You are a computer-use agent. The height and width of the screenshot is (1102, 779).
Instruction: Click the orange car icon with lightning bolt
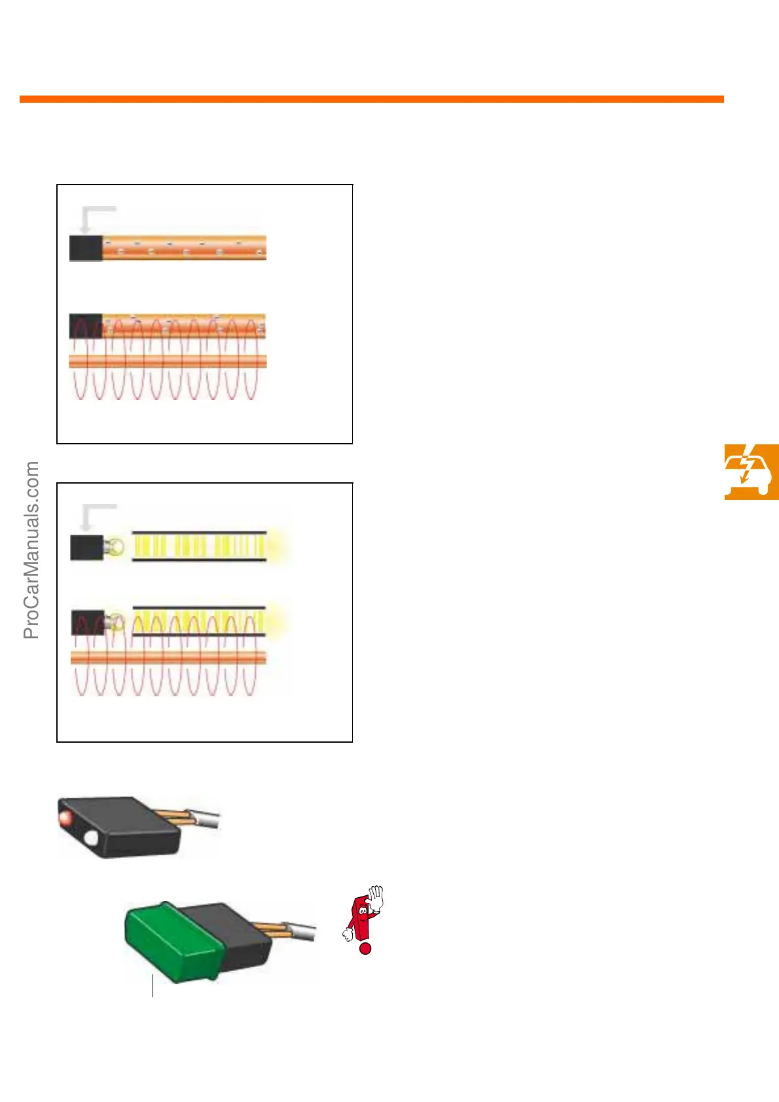(x=751, y=471)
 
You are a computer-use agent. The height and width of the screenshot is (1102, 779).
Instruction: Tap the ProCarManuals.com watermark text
(x=31, y=550)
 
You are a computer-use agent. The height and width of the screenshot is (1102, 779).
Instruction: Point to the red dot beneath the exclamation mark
(x=365, y=948)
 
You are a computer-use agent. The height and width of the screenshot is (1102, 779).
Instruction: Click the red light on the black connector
(x=65, y=818)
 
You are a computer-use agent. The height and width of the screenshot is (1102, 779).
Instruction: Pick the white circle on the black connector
(x=90, y=838)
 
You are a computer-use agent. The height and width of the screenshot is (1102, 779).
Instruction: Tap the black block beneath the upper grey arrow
(x=86, y=248)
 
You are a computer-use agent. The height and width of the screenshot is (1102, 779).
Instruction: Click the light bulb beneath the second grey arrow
(x=115, y=546)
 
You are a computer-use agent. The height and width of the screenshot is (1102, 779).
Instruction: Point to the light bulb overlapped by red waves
(x=115, y=622)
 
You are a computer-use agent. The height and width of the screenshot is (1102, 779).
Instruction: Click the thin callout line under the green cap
(x=153, y=986)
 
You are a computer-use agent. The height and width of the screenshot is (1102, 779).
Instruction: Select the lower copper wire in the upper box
(x=168, y=361)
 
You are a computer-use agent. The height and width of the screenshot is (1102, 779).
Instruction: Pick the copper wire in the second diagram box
(x=168, y=658)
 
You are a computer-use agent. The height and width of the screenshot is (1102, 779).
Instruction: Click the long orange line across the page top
(x=371, y=99)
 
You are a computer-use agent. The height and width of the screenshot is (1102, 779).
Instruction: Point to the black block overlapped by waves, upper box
(x=86, y=326)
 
